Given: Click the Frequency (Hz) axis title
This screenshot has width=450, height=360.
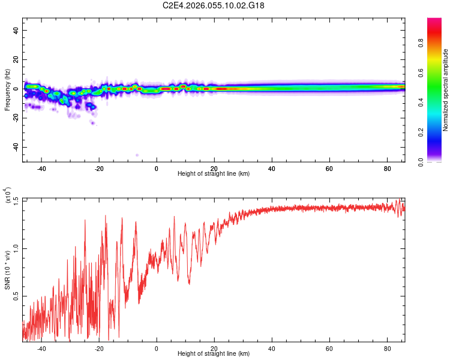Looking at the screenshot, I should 7,90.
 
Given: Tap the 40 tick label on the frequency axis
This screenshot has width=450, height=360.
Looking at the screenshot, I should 16,31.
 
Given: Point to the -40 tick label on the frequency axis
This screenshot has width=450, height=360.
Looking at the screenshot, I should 15,148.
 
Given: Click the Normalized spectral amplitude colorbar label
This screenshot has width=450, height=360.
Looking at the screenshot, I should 446,90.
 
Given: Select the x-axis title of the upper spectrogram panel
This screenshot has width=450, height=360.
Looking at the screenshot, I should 214,174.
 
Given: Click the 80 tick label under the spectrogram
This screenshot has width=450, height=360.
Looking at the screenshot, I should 387,168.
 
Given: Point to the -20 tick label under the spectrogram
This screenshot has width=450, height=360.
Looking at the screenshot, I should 99,168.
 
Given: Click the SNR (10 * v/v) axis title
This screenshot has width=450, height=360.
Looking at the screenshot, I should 8,265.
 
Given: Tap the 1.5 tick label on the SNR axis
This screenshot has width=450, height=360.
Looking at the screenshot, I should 15,200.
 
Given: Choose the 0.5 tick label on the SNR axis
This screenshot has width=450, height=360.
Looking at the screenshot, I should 15,296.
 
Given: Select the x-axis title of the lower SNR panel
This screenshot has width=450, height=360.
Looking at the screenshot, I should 214,354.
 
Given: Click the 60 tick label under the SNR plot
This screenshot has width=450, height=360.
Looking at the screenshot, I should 329,348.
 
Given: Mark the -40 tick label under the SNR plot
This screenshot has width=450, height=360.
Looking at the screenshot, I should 41,348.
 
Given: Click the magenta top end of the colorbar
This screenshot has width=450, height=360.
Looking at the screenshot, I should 434,21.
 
